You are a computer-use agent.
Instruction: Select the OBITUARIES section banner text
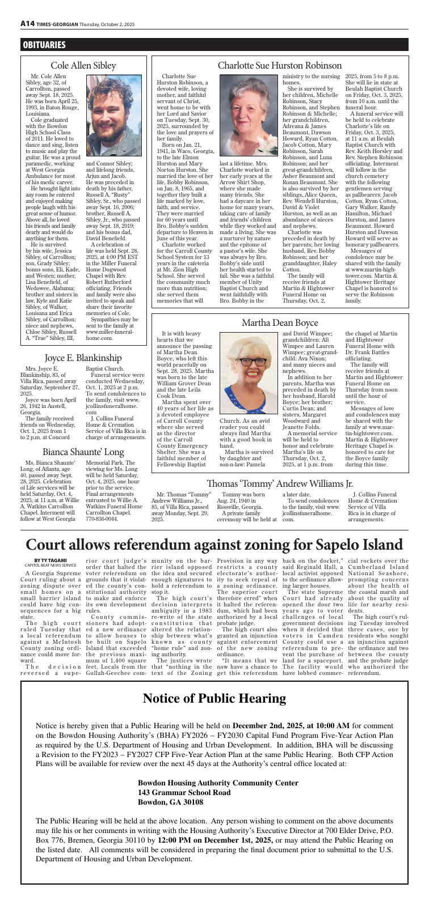[44, 45]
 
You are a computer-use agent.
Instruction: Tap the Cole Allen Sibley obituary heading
[83, 66]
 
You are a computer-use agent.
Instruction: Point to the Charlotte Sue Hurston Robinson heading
[280, 66]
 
